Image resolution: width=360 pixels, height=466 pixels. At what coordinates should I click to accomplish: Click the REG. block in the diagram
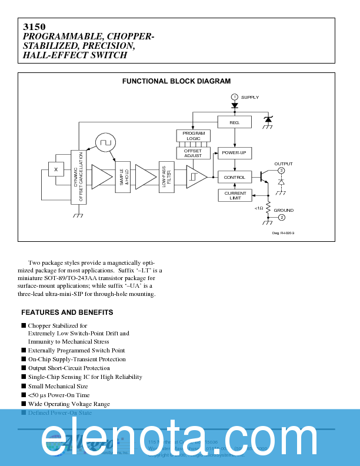click(x=235, y=122)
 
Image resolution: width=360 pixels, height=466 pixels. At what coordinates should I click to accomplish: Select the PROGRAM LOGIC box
click(x=194, y=136)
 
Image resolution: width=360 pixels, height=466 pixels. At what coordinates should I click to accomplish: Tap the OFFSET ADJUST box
click(x=194, y=153)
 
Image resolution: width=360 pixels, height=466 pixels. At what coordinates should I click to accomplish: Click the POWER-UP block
click(x=235, y=153)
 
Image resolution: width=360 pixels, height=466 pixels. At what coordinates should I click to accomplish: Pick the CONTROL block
click(x=235, y=177)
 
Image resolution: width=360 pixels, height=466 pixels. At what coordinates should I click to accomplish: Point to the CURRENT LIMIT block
click(x=235, y=195)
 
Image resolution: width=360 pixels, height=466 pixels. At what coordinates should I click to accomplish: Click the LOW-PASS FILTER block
click(x=167, y=177)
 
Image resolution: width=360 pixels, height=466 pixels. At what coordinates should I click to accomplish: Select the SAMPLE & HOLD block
click(x=123, y=177)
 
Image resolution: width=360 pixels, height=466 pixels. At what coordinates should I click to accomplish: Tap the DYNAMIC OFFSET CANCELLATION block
click(x=78, y=177)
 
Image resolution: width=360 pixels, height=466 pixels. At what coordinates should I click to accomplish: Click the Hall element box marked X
click(x=56, y=169)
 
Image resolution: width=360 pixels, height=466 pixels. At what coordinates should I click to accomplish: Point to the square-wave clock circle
click(x=105, y=142)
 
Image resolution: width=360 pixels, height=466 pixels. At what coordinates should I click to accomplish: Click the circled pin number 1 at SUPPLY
click(x=234, y=97)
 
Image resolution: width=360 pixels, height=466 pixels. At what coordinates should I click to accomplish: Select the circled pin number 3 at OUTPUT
click(x=281, y=171)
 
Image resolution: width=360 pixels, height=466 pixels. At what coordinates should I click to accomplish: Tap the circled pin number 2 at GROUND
click(x=281, y=218)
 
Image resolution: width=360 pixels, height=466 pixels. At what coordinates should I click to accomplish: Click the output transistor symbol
click(x=261, y=177)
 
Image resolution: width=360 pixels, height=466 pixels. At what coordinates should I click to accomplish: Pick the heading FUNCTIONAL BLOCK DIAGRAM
click(x=176, y=81)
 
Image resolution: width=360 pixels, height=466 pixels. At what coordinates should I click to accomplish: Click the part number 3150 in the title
click(x=30, y=27)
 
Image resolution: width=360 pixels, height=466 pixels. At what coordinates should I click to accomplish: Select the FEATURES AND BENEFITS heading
click(x=67, y=312)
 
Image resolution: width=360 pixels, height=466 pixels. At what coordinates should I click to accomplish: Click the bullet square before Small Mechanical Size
click(x=24, y=386)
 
